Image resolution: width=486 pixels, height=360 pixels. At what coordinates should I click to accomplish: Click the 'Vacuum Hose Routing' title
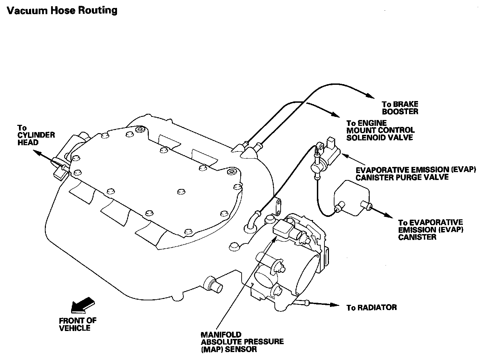coord(62,10)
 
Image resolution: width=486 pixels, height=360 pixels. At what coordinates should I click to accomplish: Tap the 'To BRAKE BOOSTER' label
coord(400,108)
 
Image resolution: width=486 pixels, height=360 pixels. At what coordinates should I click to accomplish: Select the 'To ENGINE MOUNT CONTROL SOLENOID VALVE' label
coord(380,130)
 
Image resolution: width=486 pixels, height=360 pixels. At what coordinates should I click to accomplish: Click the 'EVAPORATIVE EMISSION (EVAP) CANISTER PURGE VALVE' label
coord(416,173)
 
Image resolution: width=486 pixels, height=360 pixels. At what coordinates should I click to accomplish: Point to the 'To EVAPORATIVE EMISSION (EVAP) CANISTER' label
coord(430,230)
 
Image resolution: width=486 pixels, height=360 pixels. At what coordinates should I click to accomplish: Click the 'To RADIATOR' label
coord(371,308)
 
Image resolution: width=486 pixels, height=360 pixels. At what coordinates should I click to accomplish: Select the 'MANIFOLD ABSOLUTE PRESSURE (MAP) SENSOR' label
coord(242,342)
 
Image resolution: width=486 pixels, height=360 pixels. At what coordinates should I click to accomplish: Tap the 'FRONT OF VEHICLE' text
coord(77,324)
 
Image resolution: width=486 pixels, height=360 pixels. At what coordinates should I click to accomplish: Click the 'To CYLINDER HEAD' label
coord(36,135)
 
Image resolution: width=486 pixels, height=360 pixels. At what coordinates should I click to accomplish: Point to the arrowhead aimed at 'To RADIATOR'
coord(335,305)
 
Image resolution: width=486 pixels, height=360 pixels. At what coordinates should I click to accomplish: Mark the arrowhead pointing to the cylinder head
coord(37,152)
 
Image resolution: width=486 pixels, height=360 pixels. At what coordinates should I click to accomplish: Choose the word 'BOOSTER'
coord(400,112)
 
